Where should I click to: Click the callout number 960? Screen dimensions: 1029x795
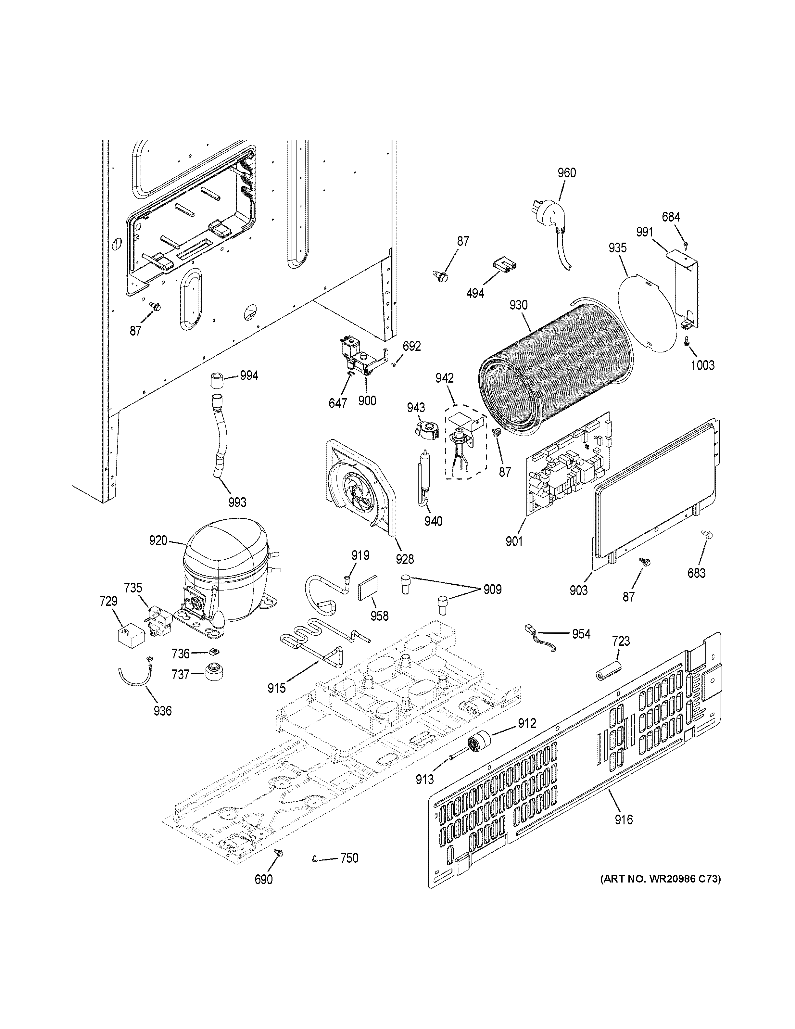(x=567, y=173)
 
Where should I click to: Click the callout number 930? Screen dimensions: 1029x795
(x=518, y=305)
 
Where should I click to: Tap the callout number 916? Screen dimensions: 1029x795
(x=624, y=820)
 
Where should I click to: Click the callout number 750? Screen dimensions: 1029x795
(x=349, y=858)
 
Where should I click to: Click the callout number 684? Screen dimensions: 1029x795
(x=671, y=217)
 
